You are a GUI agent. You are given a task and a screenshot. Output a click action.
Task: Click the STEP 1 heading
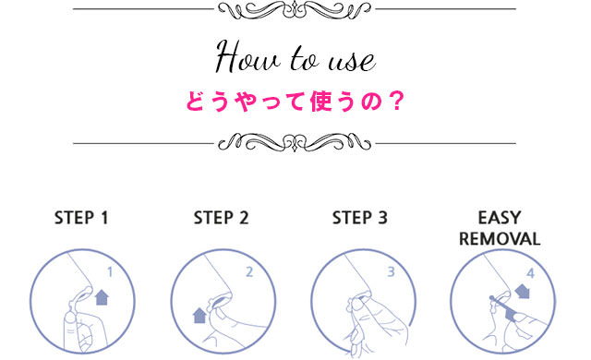81,218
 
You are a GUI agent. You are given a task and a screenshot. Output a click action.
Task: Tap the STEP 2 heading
222,218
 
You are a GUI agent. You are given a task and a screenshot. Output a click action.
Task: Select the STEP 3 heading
360,218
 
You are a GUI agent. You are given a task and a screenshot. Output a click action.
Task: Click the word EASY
500,218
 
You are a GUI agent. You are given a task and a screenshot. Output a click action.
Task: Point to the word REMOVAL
500,239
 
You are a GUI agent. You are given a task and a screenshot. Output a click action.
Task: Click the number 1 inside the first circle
110,272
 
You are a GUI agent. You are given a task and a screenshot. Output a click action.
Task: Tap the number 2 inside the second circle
249,272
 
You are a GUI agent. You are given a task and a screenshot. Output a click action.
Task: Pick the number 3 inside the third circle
391,272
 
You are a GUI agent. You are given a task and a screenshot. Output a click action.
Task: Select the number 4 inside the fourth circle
531,273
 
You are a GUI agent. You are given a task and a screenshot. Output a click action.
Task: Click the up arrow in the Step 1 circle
102,297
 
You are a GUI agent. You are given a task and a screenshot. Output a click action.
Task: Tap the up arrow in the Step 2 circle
199,316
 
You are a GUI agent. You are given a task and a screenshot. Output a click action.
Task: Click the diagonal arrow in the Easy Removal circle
523,291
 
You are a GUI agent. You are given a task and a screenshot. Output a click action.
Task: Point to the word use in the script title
352,62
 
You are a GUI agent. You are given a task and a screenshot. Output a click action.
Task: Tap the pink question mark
396,102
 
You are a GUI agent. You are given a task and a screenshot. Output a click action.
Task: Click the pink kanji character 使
320,102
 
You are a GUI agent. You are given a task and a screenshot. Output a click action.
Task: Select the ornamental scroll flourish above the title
295,10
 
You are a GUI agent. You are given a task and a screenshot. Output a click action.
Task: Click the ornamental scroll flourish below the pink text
295,143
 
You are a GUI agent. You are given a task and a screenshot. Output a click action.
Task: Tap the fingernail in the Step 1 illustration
69,318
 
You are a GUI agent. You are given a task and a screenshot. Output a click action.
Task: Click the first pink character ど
197,102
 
